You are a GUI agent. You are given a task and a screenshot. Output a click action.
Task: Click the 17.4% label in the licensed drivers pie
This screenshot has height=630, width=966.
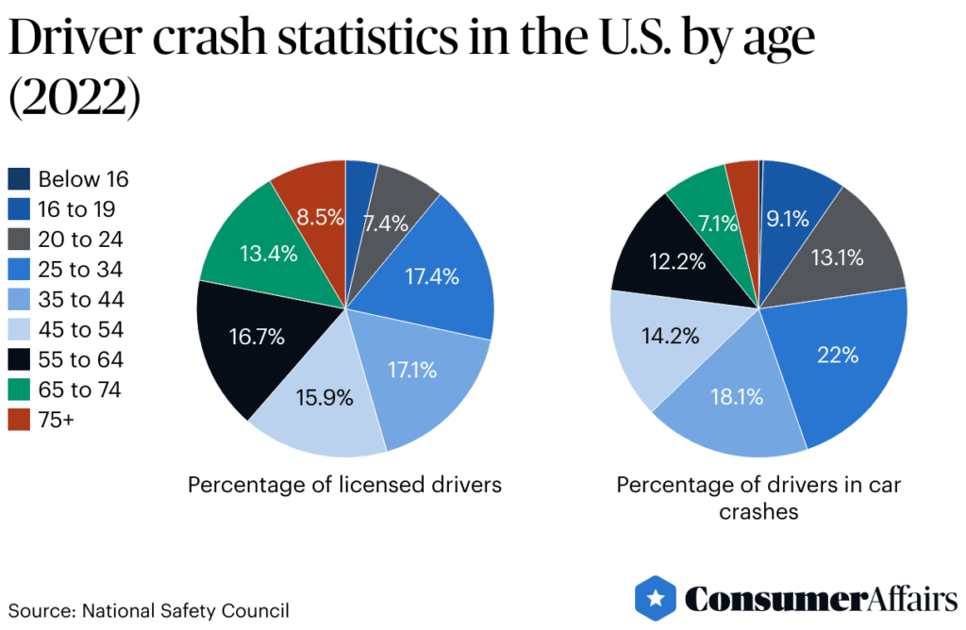point(432,277)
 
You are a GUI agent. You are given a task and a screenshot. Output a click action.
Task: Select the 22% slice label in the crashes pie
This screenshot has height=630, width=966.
point(838,356)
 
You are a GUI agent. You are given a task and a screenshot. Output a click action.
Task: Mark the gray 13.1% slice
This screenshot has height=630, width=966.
point(837,257)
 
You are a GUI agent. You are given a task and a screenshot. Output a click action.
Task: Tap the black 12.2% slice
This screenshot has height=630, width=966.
point(678,261)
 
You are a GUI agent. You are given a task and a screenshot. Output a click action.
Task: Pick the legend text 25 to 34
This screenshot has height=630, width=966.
point(81,270)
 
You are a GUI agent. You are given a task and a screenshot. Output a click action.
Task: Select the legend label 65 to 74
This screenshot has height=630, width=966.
point(81,390)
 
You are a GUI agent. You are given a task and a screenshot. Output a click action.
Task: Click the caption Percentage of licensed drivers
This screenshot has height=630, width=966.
point(344,485)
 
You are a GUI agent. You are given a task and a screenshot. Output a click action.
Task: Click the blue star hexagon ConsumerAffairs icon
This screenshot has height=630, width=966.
point(655,598)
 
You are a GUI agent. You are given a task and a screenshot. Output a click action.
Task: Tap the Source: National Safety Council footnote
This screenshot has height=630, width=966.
point(149,610)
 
